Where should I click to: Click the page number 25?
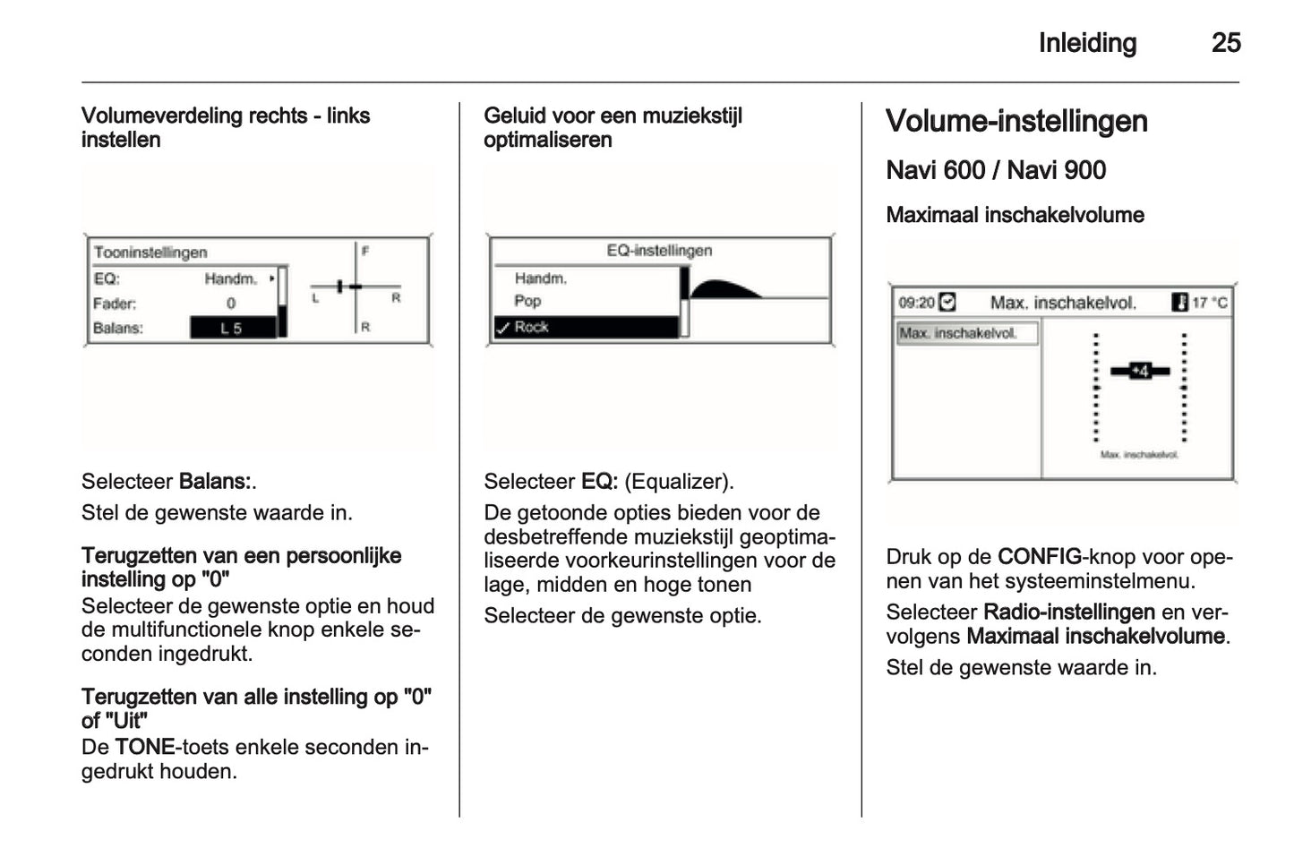(x=1225, y=43)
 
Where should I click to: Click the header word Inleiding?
(x=1087, y=43)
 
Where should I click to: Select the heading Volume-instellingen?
(x=1016, y=122)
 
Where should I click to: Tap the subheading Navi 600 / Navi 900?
(x=996, y=170)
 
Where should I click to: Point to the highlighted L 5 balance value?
(x=232, y=329)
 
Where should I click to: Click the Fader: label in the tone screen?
(x=115, y=304)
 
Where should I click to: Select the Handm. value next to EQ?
(x=231, y=279)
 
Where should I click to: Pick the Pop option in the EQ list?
(x=527, y=302)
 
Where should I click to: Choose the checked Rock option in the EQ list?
(x=531, y=328)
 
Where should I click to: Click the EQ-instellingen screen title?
(x=659, y=251)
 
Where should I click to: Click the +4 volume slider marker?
(x=1139, y=371)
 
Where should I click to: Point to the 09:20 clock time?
(x=916, y=303)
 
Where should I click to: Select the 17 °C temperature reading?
(x=1209, y=303)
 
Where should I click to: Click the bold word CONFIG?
(x=1040, y=557)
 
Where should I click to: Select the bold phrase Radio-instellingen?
(x=1068, y=612)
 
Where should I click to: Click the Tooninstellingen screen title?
(x=150, y=253)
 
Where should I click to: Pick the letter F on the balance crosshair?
(x=365, y=252)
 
